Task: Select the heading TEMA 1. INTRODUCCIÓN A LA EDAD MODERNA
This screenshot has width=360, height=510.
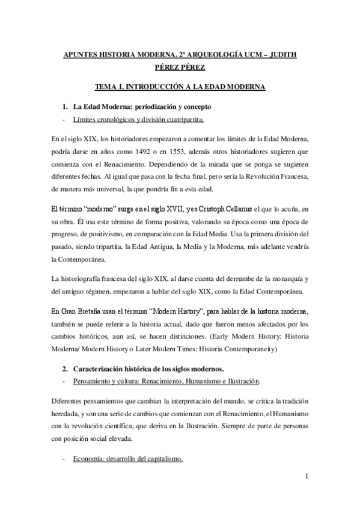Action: pyautogui.click(x=180, y=87)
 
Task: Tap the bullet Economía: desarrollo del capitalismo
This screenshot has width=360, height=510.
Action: pyautogui.click(x=128, y=459)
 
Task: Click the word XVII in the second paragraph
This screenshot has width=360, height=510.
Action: pyautogui.click(x=147, y=209)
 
